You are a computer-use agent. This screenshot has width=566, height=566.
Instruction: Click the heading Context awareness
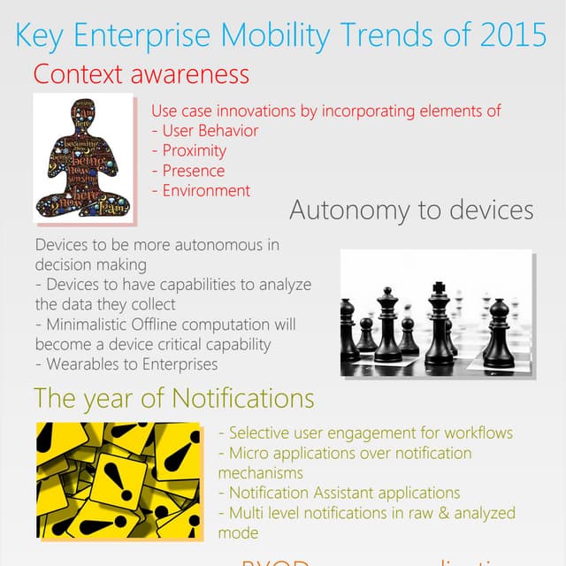coord(141,73)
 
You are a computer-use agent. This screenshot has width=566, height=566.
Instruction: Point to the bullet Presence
coord(194,171)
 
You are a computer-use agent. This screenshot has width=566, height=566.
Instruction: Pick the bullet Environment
coord(206,190)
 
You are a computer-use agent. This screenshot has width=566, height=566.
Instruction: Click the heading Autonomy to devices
coord(411,210)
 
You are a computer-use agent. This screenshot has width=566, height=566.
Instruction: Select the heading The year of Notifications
coord(174,399)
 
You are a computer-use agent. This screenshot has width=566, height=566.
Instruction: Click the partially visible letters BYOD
coord(274,562)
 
